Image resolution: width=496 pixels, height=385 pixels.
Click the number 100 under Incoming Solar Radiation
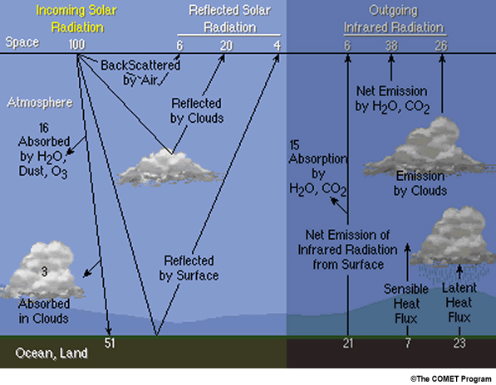77,45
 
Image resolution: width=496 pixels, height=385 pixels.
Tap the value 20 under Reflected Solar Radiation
227,46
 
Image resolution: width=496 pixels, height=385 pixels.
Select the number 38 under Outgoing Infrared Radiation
391,46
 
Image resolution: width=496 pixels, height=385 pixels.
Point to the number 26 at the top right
441,46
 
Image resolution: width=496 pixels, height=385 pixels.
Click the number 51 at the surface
110,343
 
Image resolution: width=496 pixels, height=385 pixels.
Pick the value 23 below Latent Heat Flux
459,343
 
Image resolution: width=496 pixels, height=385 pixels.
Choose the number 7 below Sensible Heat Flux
408,343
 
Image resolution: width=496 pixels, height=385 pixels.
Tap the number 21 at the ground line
348,343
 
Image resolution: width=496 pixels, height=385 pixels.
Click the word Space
22,42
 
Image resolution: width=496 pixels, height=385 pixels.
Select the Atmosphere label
40,103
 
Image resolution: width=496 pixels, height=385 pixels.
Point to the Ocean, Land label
52,353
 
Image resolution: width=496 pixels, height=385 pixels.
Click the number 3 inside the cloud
44,271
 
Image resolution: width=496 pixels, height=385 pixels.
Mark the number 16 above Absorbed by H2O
44,128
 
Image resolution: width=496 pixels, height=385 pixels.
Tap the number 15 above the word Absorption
294,145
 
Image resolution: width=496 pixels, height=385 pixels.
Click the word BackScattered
140,66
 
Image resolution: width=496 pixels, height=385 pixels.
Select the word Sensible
406,289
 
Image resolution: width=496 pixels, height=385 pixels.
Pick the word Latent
459,288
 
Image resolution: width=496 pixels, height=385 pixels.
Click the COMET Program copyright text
451,378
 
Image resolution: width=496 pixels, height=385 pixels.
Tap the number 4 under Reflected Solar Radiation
277,46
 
